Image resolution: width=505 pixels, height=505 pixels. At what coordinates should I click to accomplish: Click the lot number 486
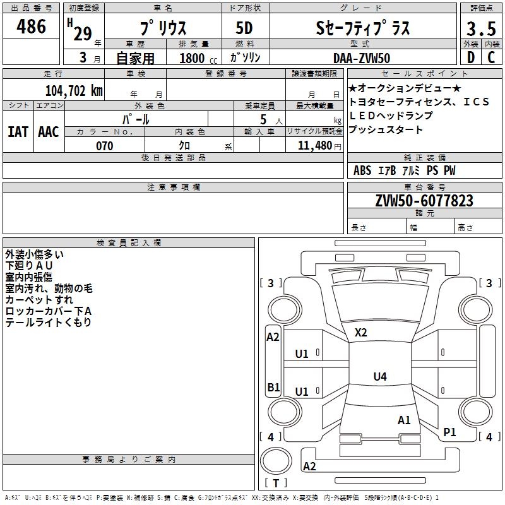(x=31, y=27)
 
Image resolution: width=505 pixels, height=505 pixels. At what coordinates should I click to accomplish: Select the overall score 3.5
(x=481, y=28)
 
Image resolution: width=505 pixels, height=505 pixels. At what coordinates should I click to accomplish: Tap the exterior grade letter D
(x=471, y=57)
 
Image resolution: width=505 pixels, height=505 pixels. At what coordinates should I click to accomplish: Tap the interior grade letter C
(x=491, y=57)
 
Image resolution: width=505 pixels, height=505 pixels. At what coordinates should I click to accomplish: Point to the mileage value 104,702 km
(x=74, y=91)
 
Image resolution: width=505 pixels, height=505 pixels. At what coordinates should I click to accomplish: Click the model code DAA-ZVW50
(x=362, y=58)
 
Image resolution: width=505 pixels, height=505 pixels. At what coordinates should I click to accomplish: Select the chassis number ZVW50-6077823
(x=424, y=201)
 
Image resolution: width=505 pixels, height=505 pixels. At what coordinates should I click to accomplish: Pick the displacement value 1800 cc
(x=198, y=58)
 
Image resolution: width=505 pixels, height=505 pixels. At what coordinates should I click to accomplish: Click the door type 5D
(x=244, y=28)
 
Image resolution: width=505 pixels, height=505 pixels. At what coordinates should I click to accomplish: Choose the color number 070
(x=105, y=146)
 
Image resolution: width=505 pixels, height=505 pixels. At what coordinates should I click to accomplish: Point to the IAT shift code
(x=18, y=132)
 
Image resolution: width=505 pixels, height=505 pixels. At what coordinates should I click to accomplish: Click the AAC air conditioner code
(x=49, y=132)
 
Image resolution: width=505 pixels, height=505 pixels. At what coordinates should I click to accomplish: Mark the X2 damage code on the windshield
(x=360, y=333)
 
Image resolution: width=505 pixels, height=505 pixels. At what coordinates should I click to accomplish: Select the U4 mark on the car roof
(x=380, y=376)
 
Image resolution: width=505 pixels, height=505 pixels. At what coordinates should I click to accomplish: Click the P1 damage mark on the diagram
(x=449, y=432)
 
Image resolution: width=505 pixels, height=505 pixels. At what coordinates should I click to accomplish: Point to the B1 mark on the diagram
(x=273, y=387)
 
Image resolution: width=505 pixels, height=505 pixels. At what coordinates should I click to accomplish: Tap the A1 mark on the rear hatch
(x=404, y=420)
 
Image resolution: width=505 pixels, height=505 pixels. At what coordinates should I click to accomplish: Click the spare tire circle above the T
(x=276, y=461)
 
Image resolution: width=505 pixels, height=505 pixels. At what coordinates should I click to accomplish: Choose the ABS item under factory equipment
(x=362, y=170)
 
